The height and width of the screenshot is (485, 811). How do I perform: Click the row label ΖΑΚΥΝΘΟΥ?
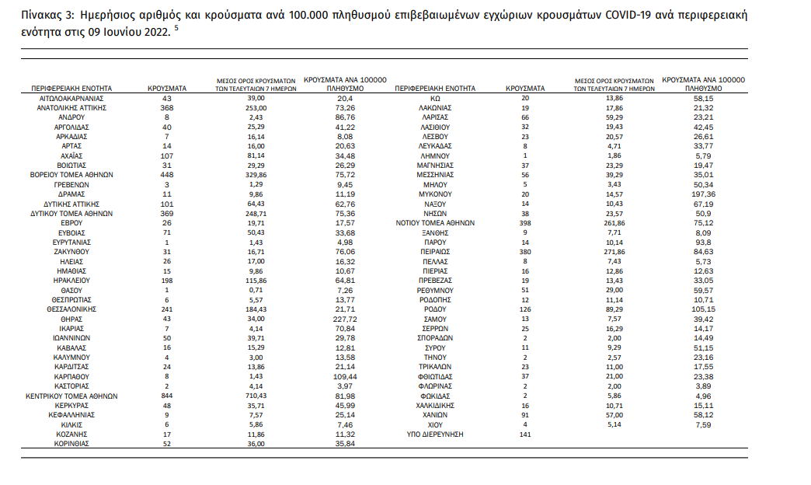coord(71,252)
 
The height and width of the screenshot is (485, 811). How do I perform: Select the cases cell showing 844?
coord(166,396)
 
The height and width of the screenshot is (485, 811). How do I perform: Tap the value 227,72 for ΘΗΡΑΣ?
coord(345,319)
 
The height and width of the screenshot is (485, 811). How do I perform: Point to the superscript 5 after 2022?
coord(176,28)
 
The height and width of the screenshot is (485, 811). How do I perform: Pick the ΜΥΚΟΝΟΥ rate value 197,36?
coord(704,194)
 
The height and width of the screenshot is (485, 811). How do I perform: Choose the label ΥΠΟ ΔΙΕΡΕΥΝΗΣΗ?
coord(435,434)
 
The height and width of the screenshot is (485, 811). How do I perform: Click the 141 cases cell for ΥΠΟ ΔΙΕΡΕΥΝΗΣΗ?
coord(525,434)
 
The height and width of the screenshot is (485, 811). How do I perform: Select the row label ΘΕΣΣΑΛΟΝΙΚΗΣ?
coord(71,309)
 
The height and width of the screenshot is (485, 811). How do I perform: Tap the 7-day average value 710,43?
coord(256,396)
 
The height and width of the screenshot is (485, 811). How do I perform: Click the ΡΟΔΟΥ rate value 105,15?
coord(704,309)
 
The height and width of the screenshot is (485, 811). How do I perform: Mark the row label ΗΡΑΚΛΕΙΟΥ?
coord(71,281)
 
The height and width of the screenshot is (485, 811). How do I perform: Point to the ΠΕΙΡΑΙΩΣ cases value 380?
coord(525,252)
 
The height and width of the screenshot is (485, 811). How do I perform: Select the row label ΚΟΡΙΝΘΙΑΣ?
coord(71,444)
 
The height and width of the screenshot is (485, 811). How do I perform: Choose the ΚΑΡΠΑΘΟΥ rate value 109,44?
coord(345,377)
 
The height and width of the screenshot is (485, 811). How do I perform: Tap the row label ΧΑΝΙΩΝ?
coord(435,415)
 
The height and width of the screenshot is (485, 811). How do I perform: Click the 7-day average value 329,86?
coord(256,175)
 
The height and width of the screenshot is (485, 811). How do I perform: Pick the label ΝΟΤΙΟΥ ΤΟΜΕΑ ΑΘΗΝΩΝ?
coord(435,223)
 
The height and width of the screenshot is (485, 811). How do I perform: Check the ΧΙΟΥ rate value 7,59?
coord(704,425)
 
